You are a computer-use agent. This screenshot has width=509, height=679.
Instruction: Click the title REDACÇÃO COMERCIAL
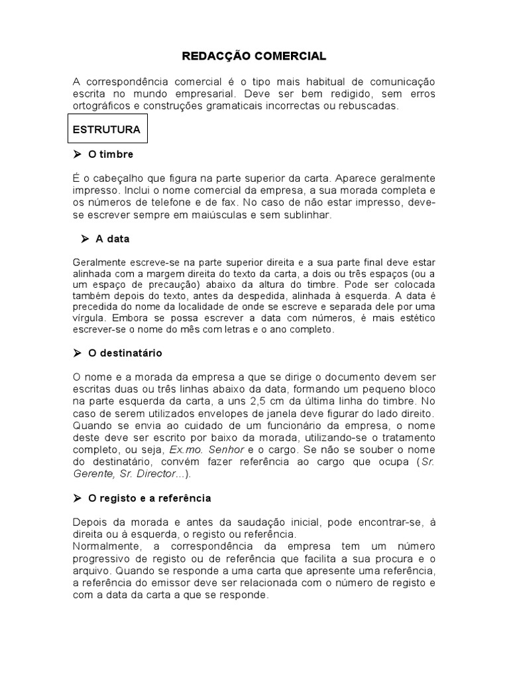tap(254, 57)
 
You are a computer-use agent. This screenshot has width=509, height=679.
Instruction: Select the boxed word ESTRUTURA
tap(107, 130)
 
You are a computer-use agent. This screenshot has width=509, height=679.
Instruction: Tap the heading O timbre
tap(111, 154)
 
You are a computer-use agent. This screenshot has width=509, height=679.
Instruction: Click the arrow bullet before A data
tap(85, 239)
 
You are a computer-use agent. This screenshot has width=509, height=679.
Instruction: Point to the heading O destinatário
tap(125, 353)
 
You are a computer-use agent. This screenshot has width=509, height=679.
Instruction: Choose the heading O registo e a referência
tap(150, 498)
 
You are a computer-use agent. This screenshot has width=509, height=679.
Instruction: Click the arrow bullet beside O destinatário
tap(77, 353)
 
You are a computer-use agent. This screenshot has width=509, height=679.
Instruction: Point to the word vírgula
tap(88, 318)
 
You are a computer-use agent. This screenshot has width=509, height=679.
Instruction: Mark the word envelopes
tap(188, 414)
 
